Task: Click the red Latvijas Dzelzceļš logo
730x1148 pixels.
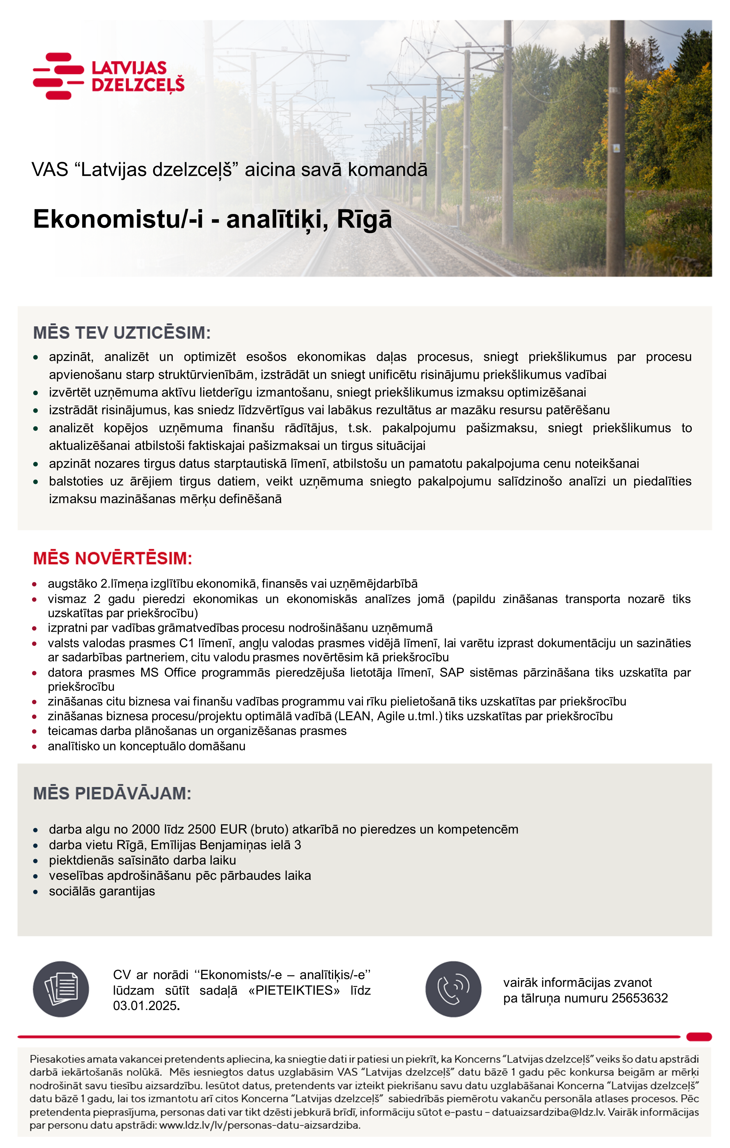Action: coord(109,76)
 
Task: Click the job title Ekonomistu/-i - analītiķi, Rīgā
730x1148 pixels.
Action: coord(212,220)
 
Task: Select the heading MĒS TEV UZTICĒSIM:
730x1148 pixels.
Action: coord(122,333)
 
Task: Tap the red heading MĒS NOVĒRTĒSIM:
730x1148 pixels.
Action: coord(112,558)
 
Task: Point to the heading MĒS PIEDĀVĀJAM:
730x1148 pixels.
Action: coord(112,793)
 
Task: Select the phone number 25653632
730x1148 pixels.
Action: coord(639,998)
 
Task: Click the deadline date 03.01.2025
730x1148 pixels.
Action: coord(145,1006)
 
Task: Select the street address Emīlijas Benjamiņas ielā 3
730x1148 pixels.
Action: coord(225,845)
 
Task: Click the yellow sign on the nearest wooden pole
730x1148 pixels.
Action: coord(616,148)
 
